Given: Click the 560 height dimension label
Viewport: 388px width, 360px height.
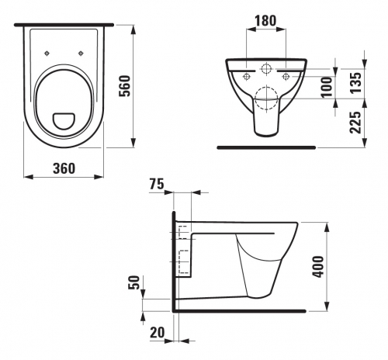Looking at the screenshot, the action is click(x=124, y=86).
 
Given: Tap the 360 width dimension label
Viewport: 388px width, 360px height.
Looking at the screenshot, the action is click(x=64, y=168).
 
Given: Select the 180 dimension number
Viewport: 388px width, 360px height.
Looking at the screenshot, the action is click(x=265, y=21).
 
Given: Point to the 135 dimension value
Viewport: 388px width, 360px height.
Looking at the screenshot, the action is click(x=355, y=82).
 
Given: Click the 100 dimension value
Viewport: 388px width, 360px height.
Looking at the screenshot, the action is click(x=327, y=87).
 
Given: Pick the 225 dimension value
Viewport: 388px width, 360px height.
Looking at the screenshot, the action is click(x=355, y=123).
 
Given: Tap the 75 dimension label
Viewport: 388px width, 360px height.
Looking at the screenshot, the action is click(x=157, y=184).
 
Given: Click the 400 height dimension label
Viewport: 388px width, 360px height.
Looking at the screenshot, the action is click(x=318, y=267).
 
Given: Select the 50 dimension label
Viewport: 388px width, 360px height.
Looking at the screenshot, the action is click(x=134, y=282).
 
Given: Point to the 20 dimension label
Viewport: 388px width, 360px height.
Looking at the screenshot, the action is click(x=157, y=332).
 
